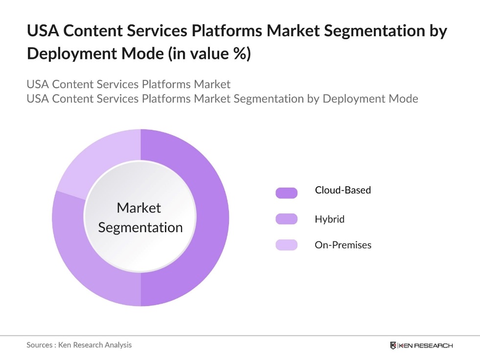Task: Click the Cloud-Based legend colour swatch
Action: tap(286, 193)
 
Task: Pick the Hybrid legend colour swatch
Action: tap(286, 219)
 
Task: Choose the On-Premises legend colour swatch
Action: tap(286, 245)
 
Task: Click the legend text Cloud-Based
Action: tap(343, 190)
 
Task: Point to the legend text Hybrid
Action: tap(329, 219)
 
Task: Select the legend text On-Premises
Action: tap(343, 245)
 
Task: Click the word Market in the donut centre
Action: tap(139, 208)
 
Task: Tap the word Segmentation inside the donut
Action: tap(140, 227)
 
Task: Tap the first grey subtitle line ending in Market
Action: tap(128, 84)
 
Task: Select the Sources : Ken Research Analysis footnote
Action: tap(79, 345)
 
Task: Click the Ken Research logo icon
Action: tap(393, 345)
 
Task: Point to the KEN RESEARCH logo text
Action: tap(426, 345)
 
